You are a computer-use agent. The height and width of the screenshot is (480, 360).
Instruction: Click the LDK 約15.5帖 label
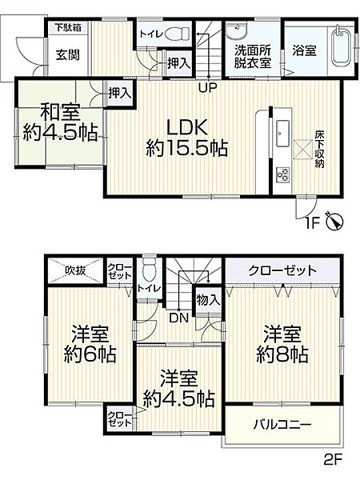(186, 137)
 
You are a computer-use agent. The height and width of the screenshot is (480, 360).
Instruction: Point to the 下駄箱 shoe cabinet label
(67, 28)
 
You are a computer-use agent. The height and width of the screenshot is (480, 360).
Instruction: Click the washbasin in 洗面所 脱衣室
(238, 33)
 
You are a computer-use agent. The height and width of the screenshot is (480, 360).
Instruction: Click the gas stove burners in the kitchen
(284, 175)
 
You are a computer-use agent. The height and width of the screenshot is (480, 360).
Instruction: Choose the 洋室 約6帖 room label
(88, 346)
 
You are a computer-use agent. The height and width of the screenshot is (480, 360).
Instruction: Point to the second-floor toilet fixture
(147, 270)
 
